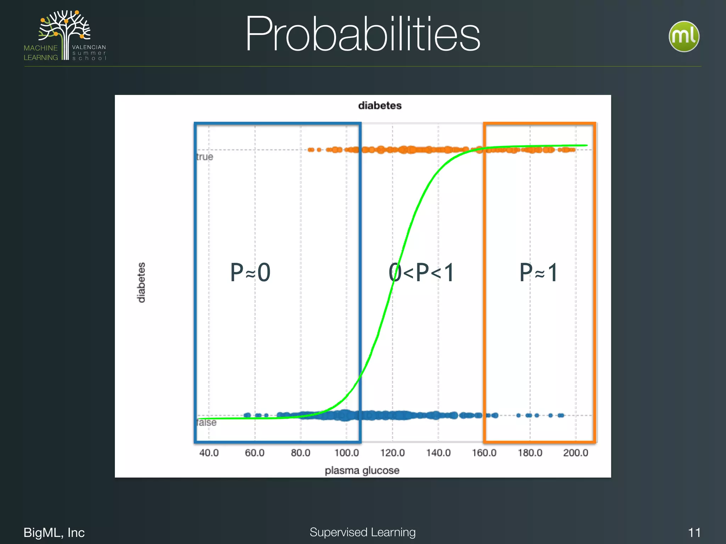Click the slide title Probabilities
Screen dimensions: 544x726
[362, 34]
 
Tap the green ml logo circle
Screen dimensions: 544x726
[684, 36]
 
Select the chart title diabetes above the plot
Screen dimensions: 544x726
[380, 106]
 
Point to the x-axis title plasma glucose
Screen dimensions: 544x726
[362, 470]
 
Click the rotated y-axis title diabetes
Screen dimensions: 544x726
[141, 282]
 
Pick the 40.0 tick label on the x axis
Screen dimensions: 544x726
[209, 453]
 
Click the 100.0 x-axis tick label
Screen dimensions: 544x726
[347, 453]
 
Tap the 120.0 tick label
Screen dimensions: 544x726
[392, 453]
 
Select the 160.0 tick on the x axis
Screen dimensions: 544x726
[484, 453]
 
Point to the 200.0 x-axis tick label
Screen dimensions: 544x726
[576, 453]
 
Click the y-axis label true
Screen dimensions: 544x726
[205, 157]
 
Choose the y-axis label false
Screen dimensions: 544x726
[206, 423]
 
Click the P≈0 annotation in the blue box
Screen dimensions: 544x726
[250, 272]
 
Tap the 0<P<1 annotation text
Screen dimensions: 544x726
[421, 272]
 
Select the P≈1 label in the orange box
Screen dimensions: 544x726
[539, 272]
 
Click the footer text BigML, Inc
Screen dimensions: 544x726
[54, 532]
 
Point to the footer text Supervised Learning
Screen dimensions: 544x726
[362, 532]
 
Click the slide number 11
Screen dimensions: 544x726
[694, 532]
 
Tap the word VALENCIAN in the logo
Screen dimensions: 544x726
[89, 47]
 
